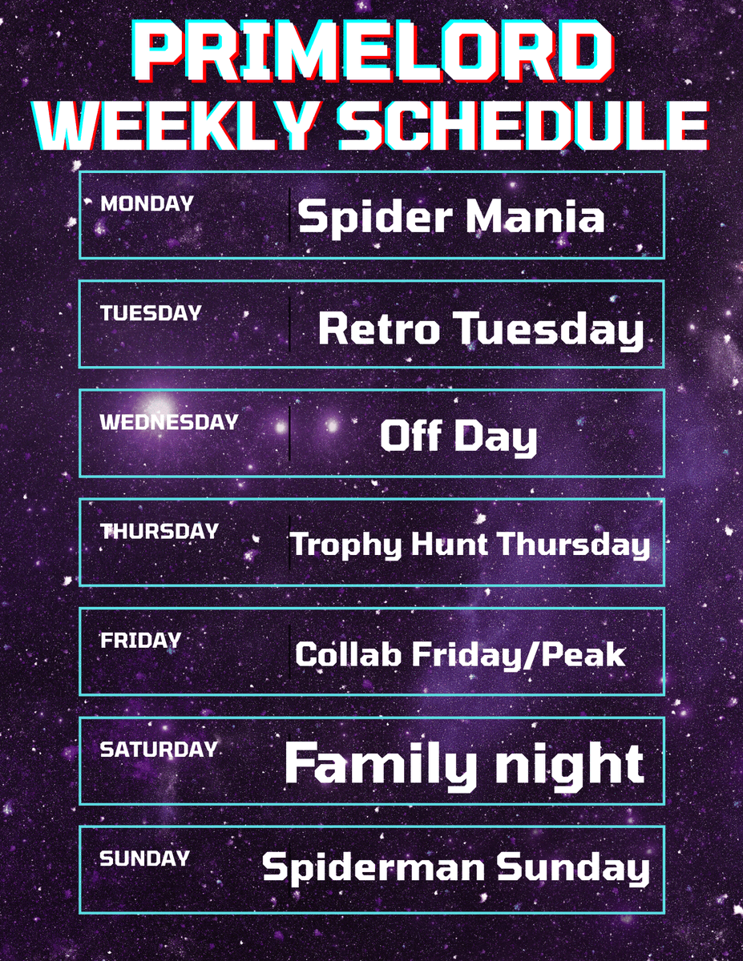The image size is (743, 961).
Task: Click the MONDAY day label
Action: coord(147,203)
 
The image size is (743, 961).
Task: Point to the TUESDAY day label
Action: coord(151,313)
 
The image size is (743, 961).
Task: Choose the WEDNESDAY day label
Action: coord(168,422)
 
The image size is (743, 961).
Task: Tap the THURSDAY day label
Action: coord(159,531)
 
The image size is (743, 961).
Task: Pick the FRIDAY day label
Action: coord(140,640)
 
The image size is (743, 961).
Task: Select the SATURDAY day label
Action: coord(159,750)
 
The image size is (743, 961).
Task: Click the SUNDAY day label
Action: coord(144,858)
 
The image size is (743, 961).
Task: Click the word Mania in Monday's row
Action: coord(535,217)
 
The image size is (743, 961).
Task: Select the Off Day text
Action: coord(458,437)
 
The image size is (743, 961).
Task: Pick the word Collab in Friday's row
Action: coord(349,654)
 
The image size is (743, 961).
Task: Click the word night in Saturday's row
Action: coord(569,764)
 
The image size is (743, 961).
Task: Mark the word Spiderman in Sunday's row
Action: coord(374,869)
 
